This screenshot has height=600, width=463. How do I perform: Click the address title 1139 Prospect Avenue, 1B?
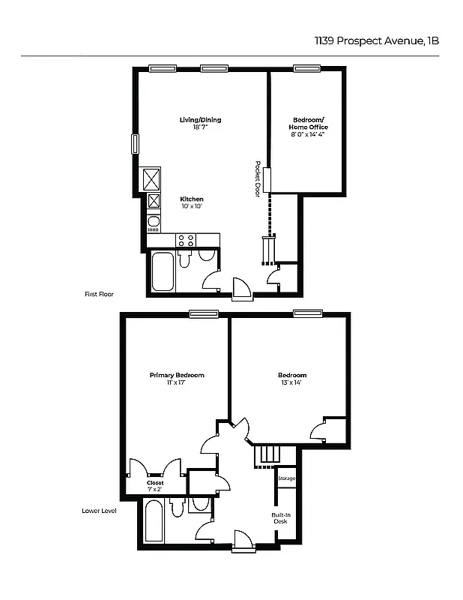click(x=376, y=41)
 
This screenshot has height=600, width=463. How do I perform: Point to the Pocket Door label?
click(x=257, y=179)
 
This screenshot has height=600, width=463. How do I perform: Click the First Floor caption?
click(x=98, y=295)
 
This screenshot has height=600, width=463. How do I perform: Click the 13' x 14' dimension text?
click(x=292, y=383)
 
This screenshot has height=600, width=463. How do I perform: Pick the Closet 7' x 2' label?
click(x=155, y=486)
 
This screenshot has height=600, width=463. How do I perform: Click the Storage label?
click(x=286, y=478)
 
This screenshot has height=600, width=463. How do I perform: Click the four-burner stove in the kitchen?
click(x=186, y=241)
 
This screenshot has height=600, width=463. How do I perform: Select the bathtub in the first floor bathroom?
click(x=163, y=272)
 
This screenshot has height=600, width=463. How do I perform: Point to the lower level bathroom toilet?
click(x=178, y=508)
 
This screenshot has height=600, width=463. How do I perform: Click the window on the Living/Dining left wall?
click(x=136, y=145)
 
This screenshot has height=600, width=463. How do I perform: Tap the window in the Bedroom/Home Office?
click(x=306, y=68)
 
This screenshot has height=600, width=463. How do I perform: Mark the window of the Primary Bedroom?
click(x=203, y=314)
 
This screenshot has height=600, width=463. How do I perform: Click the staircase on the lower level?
click(x=267, y=455)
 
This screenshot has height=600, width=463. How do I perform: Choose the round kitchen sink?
click(x=154, y=222)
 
